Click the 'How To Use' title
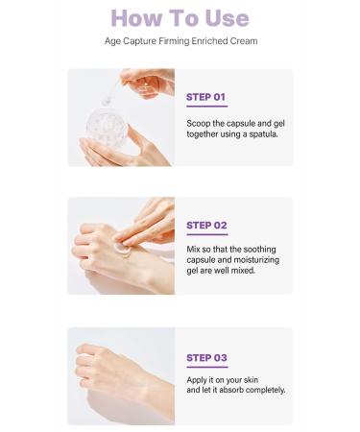[180, 17]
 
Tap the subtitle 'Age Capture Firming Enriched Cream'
[180, 41]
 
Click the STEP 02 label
[206, 226]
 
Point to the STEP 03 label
[206, 357]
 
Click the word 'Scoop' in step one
[199, 123]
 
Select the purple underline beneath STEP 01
[206, 106]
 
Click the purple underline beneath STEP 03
[206, 367]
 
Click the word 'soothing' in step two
[264, 249]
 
